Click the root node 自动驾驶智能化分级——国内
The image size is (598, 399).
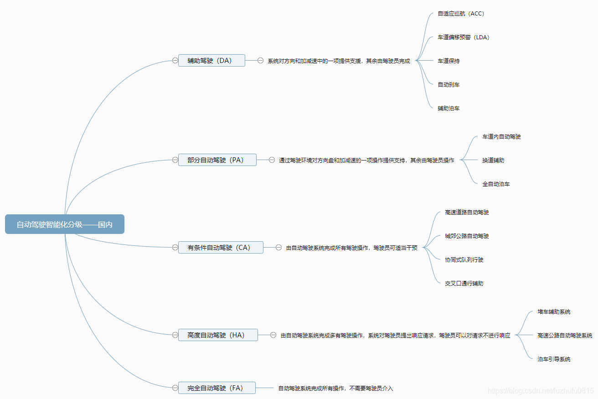pos(64,224)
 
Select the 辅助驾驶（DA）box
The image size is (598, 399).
pos(211,60)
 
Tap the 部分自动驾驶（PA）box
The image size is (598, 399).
pos(217,160)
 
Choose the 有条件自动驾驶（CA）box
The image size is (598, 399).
pos(221,247)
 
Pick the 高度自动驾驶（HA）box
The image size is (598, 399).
pos(218,335)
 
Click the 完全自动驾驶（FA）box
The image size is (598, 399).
pos(217,388)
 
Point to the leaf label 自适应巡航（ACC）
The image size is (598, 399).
pos(461,14)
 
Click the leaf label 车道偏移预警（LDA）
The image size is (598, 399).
pos(464,37)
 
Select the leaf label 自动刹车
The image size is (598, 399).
pos(448,85)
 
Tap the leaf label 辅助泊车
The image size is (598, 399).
pos(448,109)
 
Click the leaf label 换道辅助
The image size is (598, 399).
pos(493,161)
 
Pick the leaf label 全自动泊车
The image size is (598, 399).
pos(496,184)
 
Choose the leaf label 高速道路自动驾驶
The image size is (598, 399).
pos(467,212)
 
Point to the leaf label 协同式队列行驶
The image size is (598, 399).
pos(464,260)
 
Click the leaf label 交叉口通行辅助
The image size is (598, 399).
pos(464,284)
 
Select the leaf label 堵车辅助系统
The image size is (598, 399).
pos(554,312)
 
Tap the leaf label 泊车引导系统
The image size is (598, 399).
pos(554,359)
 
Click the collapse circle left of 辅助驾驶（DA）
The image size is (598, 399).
pos(175,60)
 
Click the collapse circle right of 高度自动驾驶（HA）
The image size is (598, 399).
pos(273,335)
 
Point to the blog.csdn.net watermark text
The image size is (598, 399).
pos(541,391)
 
